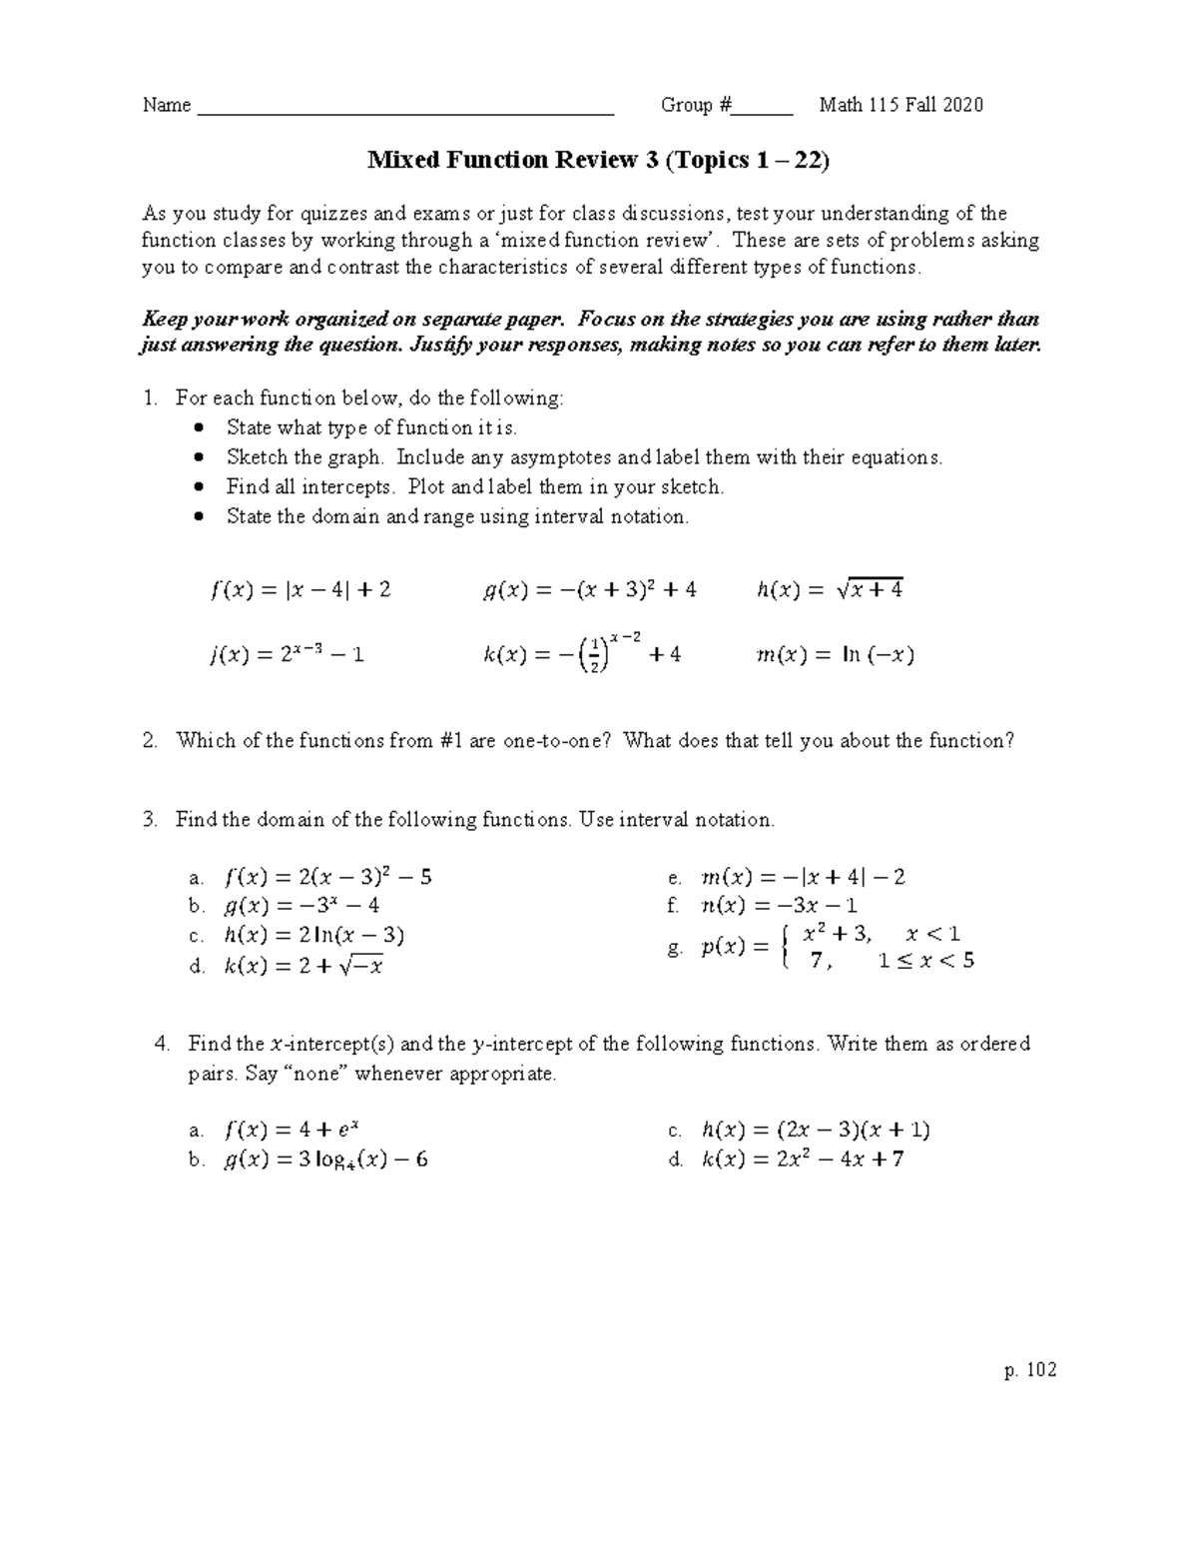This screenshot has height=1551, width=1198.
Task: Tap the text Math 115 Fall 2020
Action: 900,106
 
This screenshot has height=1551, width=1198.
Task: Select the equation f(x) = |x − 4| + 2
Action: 300,590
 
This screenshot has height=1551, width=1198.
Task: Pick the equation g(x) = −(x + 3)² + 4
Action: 588,590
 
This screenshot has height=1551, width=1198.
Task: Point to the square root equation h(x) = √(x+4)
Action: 831,590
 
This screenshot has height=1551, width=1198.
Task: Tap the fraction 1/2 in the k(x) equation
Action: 594,654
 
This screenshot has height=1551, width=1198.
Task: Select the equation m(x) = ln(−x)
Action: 837,655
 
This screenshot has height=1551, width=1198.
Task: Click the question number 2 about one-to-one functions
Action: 150,741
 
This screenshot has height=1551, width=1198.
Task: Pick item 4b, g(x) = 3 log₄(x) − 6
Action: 326,1160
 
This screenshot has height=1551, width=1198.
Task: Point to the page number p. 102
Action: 1031,1370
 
